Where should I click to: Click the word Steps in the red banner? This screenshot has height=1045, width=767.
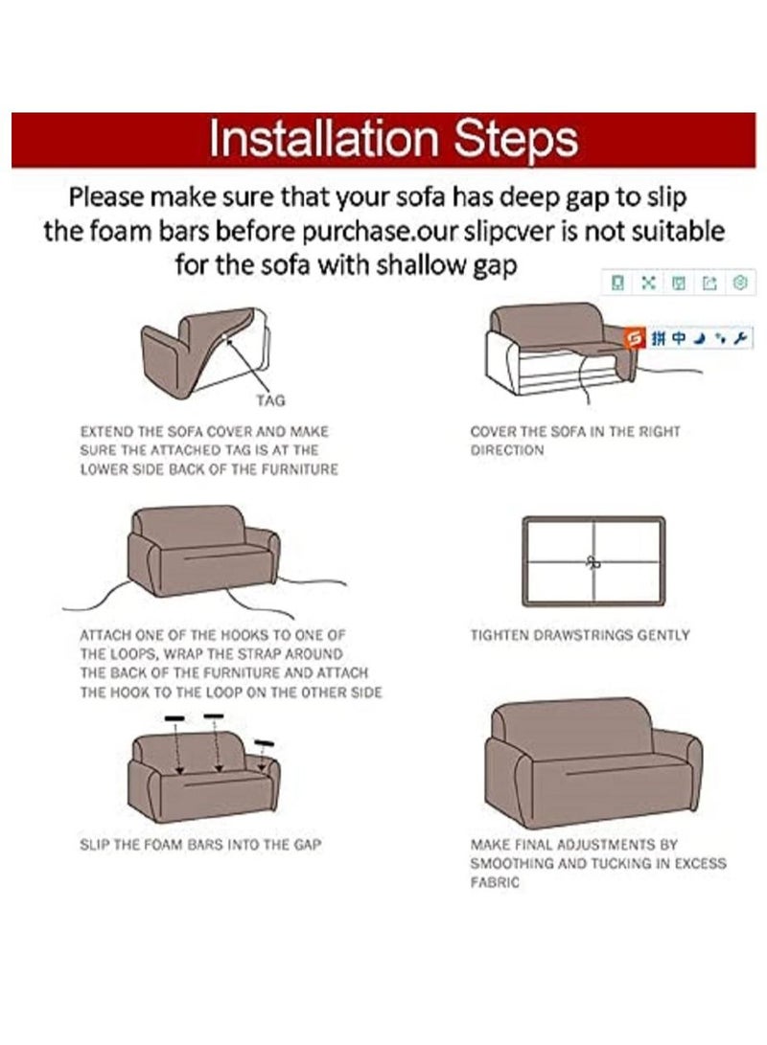(516, 140)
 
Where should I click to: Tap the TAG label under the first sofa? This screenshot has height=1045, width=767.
(270, 400)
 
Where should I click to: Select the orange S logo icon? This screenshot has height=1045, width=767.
(635, 338)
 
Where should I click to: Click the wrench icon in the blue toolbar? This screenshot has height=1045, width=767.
(739, 338)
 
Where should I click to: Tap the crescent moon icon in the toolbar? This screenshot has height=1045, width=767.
(700, 338)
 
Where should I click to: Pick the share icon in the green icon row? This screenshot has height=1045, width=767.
(709, 284)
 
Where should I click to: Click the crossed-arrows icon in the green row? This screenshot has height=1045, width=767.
(647, 283)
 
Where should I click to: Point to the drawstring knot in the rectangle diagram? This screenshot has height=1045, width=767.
(593, 562)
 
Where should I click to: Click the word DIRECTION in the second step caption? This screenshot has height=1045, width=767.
(507, 450)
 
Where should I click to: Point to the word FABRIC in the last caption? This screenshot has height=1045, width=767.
(494, 882)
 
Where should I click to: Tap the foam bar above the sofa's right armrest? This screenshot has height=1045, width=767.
(264, 743)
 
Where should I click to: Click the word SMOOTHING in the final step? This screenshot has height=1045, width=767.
(510, 864)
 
